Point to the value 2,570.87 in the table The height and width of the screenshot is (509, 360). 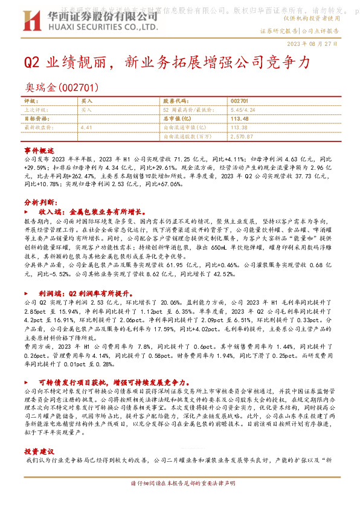click(x=242, y=137)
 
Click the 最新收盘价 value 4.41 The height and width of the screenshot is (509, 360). click(x=85, y=128)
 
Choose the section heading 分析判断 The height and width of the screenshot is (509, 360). click(x=41, y=201)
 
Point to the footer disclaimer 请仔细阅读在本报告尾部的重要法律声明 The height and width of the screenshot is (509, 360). click(x=180, y=485)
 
